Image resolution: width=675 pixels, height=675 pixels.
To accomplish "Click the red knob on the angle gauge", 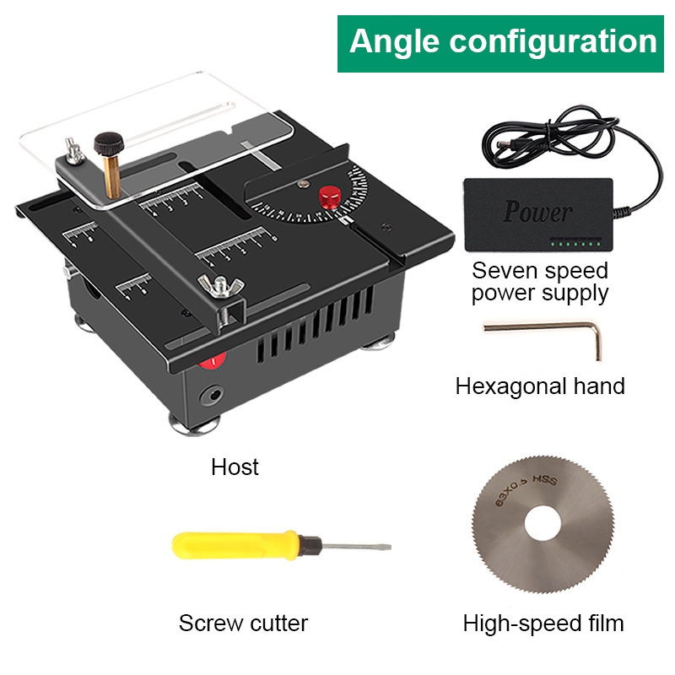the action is click(x=330, y=196).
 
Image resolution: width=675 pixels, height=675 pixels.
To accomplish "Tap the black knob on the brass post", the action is click(x=109, y=143).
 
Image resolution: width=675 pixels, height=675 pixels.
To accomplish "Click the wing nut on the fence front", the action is click(x=221, y=285).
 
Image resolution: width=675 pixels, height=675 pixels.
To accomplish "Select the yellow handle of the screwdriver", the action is click(x=235, y=545).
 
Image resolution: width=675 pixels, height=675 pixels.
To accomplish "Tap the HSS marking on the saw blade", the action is click(x=544, y=480).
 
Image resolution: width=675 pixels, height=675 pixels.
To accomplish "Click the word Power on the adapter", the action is click(x=537, y=212).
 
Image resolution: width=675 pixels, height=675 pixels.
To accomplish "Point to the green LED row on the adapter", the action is click(x=575, y=244).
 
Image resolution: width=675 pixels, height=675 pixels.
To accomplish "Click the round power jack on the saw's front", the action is click(x=213, y=394).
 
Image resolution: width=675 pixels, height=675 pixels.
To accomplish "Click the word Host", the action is click(x=235, y=467).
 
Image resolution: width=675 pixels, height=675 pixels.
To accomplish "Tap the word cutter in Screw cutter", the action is click(x=279, y=623).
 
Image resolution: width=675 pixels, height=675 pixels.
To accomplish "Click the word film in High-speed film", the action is click(x=606, y=623).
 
